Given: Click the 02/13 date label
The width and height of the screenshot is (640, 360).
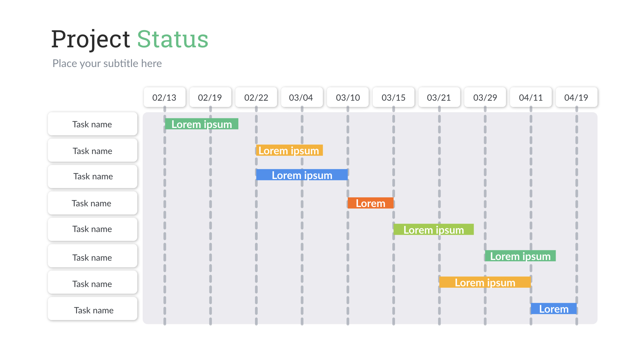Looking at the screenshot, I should pyautogui.click(x=164, y=97).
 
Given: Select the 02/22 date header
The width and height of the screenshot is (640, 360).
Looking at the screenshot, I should pyautogui.click(x=256, y=97).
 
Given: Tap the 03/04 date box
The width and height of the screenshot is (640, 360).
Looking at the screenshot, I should pyautogui.click(x=302, y=97).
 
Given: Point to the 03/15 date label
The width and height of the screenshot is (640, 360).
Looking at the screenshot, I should pyautogui.click(x=393, y=97).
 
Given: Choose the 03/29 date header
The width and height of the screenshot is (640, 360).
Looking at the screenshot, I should pyautogui.click(x=485, y=97).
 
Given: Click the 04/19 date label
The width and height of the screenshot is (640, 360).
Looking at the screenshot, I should pyautogui.click(x=576, y=97).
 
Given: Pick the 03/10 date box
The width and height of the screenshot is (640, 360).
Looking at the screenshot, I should pyautogui.click(x=348, y=97).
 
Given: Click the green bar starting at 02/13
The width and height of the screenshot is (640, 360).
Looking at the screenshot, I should pyautogui.click(x=202, y=124).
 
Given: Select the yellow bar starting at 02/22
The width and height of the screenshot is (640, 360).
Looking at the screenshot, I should pyautogui.click(x=289, y=150).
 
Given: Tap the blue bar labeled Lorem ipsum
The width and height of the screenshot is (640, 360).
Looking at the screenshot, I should pyautogui.click(x=302, y=175).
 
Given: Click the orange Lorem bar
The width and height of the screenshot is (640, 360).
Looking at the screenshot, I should pyautogui.click(x=370, y=203).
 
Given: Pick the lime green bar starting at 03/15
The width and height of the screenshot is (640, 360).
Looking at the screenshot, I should pyautogui.click(x=433, y=230).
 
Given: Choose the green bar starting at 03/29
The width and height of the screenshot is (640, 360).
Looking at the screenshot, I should pyautogui.click(x=520, y=256).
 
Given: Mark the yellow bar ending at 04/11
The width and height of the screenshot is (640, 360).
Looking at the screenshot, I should pyautogui.click(x=485, y=282).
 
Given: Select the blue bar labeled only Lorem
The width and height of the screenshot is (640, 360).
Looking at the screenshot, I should pyautogui.click(x=554, y=309).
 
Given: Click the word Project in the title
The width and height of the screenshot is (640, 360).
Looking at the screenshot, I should pyautogui.click(x=90, y=39).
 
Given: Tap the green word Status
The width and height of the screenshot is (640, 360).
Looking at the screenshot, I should pyautogui.click(x=173, y=39).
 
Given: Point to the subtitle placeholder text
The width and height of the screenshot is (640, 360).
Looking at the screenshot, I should pyautogui.click(x=107, y=63).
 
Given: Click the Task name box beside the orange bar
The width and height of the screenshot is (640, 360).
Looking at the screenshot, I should pyautogui.click(x=92, y=203).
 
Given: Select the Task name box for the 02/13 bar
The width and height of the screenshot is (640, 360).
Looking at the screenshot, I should pyautogui.click(x=92, y=124).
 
